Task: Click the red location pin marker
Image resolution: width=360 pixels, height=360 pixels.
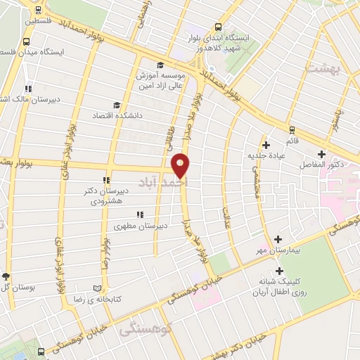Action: click(181, 165)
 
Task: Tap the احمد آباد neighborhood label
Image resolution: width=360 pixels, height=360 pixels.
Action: click(171, 181)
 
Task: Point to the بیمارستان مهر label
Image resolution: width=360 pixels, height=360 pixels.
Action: click(279, 250)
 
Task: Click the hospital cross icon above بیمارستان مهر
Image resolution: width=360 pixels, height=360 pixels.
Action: click(279, 240)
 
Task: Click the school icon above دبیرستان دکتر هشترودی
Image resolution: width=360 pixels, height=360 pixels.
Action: click(106, 180)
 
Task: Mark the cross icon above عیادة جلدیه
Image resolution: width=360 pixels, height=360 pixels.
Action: click(265, 145)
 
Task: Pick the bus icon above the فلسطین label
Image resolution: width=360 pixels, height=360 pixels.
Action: click(39, 10)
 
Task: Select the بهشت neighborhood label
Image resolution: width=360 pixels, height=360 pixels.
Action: click(323, 66)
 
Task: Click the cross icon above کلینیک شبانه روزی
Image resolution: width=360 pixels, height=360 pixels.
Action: click(281, 271)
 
